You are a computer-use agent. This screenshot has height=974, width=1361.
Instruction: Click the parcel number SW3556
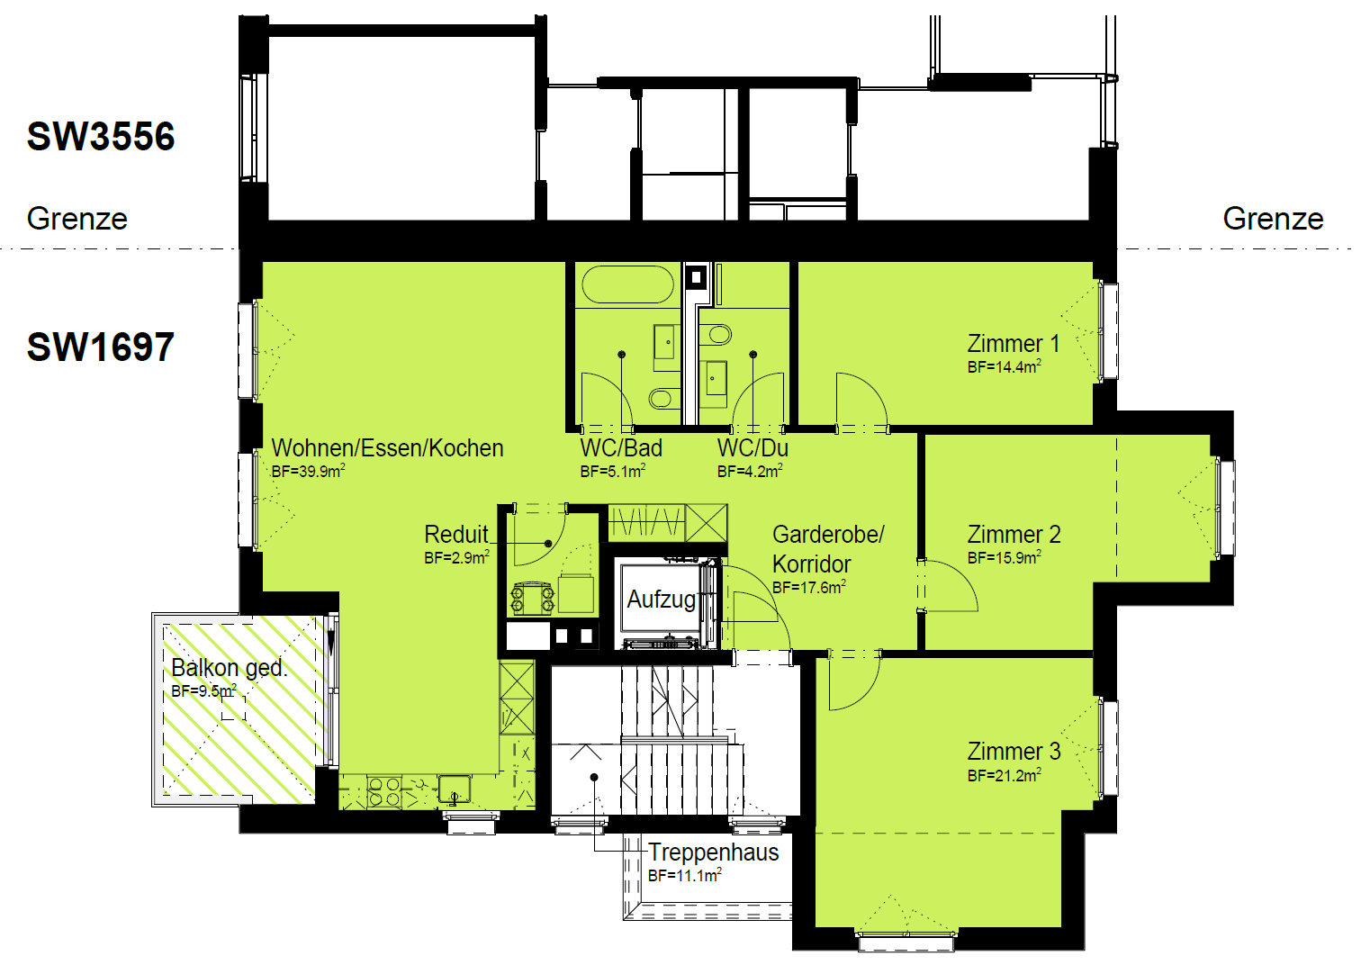pyautogui.click(x=101, y=136)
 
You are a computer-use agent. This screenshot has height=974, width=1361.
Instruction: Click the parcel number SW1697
pyautogui.click(x=101, y=347)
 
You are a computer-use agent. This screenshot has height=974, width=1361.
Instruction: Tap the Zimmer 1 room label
pyautogui.click(x=1014, y=344)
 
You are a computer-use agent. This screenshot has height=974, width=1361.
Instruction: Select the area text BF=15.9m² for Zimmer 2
pyautogui.click(x=1005, y=557)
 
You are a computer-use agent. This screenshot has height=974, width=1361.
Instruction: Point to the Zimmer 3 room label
pyautogui.click(x=1014, y=752)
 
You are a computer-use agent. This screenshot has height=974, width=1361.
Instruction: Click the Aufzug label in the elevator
pyautogui.click(x=661, y=600)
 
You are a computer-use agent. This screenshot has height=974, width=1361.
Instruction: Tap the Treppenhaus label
pyautogui.click(x=713, y=852)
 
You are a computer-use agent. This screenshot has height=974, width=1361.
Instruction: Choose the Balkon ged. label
pyautogui.click(x=229, y=668)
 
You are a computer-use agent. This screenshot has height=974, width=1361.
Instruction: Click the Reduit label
pyautogui.click(x=456, y=535)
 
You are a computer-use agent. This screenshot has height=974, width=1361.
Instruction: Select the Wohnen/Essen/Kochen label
pyautogui.click(x=388, y=448)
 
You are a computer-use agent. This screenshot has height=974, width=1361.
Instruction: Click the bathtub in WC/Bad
pyautogui.click(x=627, y=284)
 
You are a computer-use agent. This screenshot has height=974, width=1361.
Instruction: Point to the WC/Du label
pyautogui.click(x=753, y=448)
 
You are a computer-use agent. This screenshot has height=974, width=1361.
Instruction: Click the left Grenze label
pyautogui.click(x=77, y=219)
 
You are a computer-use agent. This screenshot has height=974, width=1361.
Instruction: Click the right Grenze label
pyautogui.click(x=1273, y=219)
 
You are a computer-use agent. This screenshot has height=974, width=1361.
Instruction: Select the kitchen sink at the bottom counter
pyautogui.click(x=455, y=788)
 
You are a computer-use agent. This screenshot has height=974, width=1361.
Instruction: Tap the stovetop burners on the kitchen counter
pyautogui.click(x=384, y=792)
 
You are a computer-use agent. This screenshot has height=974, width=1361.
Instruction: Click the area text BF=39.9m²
pyautogui.click(x=309, y=471)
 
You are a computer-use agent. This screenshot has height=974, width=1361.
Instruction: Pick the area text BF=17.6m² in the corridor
pyautogui.click(x=809, y=588)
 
